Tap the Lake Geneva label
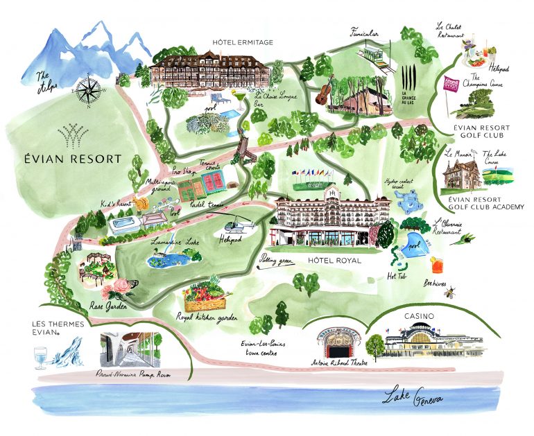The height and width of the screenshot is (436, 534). click(413, 399)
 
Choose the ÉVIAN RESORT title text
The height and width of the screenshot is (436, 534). click(69, 159)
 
